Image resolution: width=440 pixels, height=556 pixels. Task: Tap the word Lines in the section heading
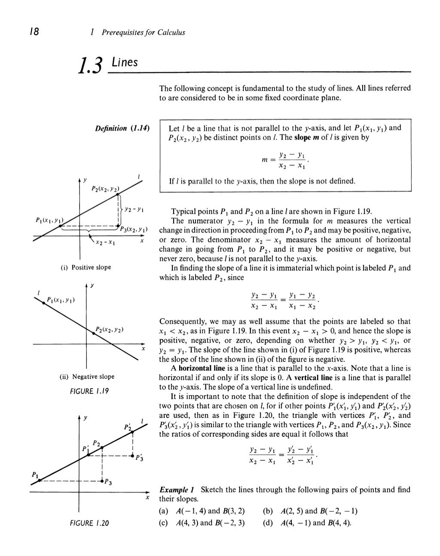click(x=124, y=63)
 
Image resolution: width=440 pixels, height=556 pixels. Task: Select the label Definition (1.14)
click(x=122, y=128)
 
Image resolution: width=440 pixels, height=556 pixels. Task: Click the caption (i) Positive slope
click(x=86, y=267)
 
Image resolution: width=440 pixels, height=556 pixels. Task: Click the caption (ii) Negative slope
click(x=87, y=377)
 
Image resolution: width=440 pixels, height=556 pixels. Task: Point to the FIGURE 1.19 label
click(x=88, y=391)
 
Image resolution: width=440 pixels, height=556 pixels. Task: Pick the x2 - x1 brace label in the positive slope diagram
click(x=104, y=243)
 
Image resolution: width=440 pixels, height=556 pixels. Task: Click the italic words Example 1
click(x=177, y=490)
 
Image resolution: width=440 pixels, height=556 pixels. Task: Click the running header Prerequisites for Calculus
click(x=143, y=33)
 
